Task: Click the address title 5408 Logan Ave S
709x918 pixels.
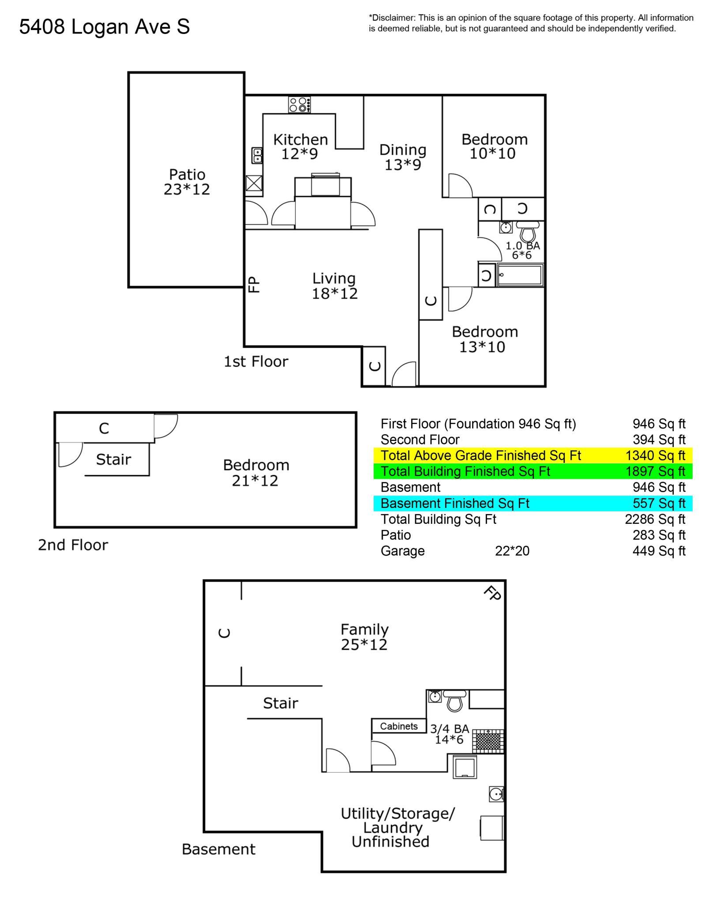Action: coord(105,27)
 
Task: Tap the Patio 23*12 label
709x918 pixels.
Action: coord(187,182)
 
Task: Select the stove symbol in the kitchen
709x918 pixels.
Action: coord(300,105)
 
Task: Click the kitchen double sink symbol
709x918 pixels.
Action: coord(257,155)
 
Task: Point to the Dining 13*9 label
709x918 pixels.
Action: coord(403,157)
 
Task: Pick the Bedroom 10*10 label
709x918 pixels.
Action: coord(495,146)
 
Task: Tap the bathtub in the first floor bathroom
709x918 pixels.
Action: coord(520,275)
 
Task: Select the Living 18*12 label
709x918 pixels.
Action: coord(334,286)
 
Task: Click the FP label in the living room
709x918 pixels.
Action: coord(254,284)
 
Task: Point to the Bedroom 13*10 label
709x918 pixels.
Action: coord(484,339)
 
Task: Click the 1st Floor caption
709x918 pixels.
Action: coord(256,361)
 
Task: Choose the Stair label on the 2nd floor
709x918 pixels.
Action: coord(113,459)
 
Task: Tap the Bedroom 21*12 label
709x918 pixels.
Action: coord(256,472)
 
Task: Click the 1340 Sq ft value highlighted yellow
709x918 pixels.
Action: coord(656,455)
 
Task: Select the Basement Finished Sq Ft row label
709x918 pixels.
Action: coord(455,503)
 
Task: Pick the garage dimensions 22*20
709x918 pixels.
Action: coord(512,551)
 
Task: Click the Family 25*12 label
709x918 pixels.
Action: coord(364,637)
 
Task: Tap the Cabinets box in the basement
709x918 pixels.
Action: coord(399,726)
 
